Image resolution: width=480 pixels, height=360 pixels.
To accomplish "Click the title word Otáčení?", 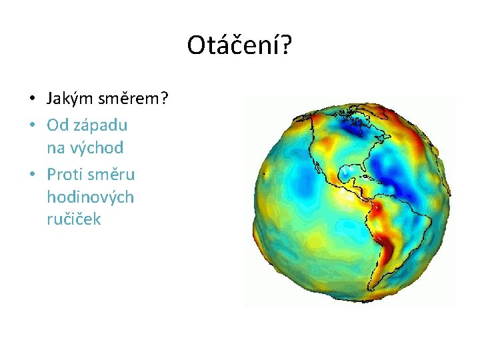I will point(239,45).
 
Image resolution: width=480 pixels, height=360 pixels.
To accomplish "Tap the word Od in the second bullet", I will point(56,125).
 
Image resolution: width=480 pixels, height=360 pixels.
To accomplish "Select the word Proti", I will point(65,175).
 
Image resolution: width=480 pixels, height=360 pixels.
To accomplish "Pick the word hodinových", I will point(90,197).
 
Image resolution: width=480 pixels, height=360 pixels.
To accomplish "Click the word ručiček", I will point(74,219).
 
